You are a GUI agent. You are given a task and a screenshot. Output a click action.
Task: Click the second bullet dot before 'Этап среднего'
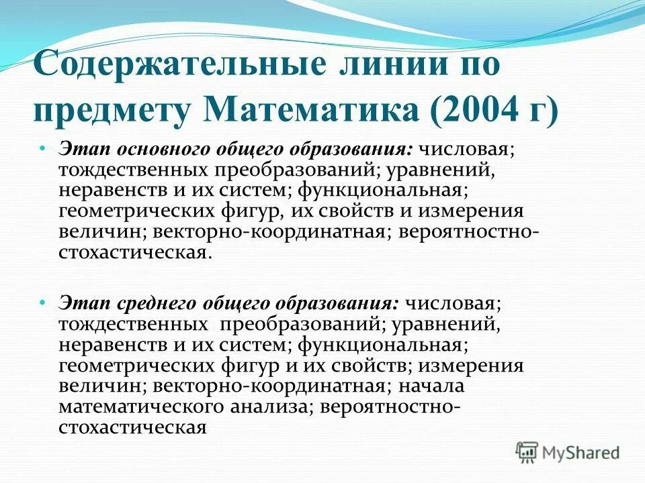tap(42, 303)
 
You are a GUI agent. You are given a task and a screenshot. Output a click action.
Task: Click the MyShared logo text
tap(581, 452)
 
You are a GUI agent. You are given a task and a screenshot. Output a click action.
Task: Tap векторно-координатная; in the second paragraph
tap(270, 386)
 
